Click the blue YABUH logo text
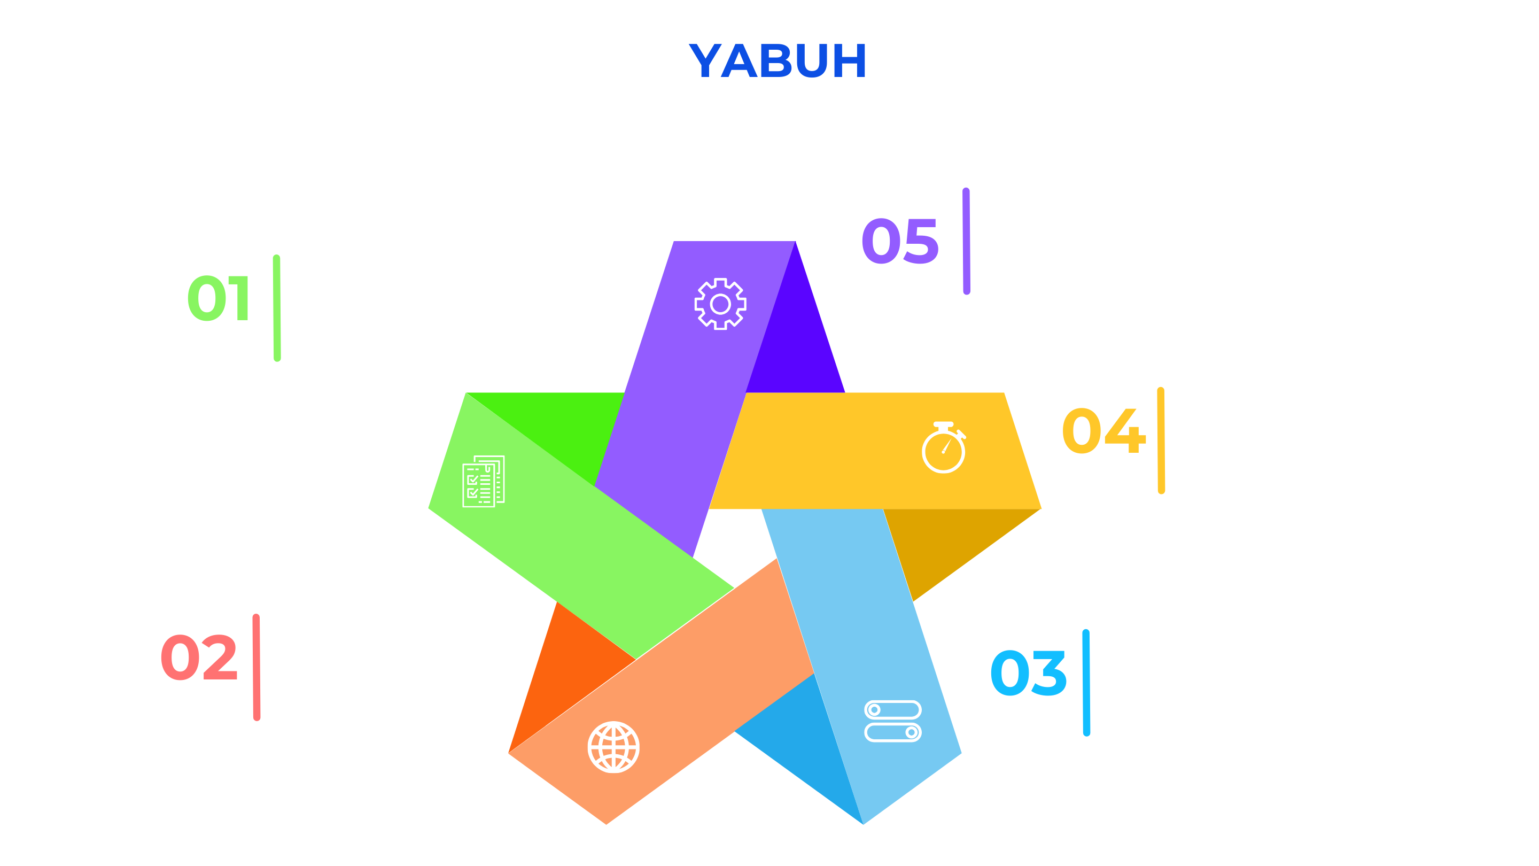(x=778, y=61)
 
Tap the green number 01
(x=218, y=298)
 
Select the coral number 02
(x=199, y=658)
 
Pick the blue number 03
(x=1028, y=674)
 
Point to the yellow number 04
(x=1103, y=430)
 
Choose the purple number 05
(x=900, y=241)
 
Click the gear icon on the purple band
(x=720, y=304)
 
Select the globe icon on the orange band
(x=613, y=747)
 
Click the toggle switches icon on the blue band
(x=892, y=721)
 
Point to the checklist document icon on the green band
(x=483, y=481)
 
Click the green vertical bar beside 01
(x=277, y=308)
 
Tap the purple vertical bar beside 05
(x=966, y=241)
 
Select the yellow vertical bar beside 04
(x=1161, y=440)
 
